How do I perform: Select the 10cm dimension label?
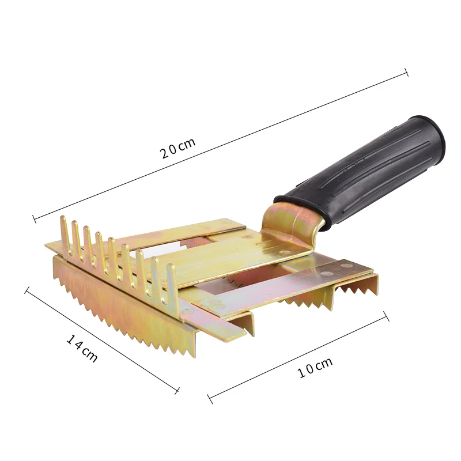click(315, 368)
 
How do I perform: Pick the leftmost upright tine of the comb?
click(63, 231)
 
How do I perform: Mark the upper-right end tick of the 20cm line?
click(406, 73)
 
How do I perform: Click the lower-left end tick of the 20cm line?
click(35, 219)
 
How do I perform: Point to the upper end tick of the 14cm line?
click(27, 290)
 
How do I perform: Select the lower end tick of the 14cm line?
click(176, 391)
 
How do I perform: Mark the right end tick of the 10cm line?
click(386, 316)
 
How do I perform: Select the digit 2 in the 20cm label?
click(165, 153)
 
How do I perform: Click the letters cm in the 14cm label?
click(89, 354)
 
